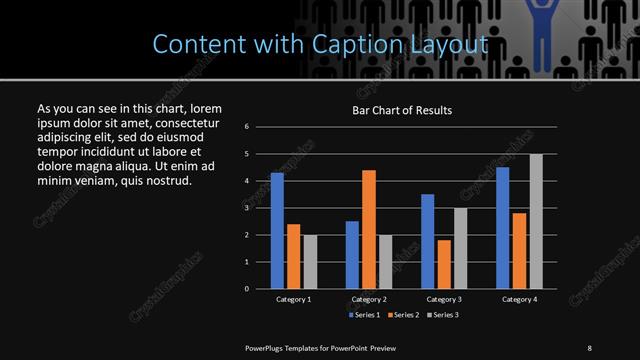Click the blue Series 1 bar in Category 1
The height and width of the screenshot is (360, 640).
tap(277, 231)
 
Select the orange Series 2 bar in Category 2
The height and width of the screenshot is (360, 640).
tap(368, 229)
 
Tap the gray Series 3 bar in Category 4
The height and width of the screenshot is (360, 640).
tap(535, 221)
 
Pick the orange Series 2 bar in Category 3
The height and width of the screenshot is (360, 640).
tap(443, 264)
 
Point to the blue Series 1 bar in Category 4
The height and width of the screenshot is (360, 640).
tap(502, 228)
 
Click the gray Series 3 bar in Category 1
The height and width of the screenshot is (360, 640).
tap(310, 262)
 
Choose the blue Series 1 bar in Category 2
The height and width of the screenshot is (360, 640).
tap(352, 255)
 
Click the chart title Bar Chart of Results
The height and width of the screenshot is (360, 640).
tap(402, 110)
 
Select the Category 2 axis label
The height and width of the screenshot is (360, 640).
tap(368, 299)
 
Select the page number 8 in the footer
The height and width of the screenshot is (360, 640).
tap(589, 347)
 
